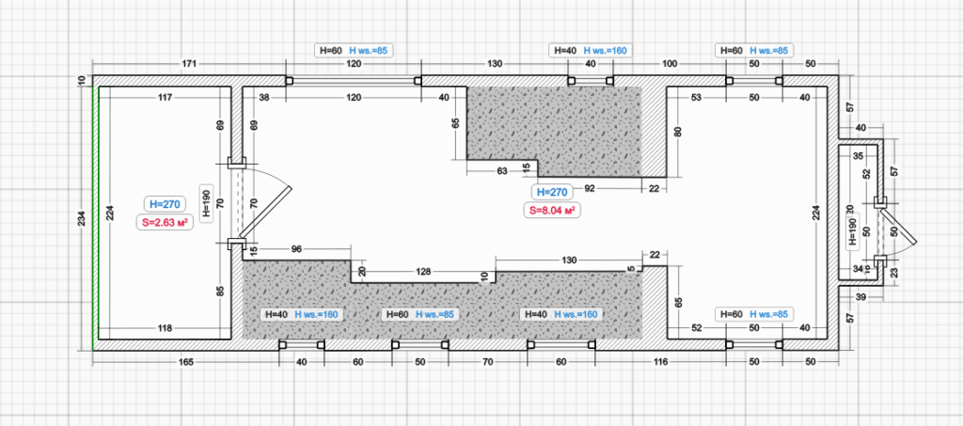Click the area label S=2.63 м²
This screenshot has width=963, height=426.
click(x=165, y=222)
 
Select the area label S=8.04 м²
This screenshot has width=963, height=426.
click(x=552, y=211)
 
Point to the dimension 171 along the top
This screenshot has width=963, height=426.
click(x=189, y=64)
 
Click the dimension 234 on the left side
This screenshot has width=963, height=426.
click(x=83, y=218)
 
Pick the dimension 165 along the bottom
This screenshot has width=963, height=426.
click(x=186, y=362)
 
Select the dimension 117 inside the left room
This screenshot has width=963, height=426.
click(x=164, y=97)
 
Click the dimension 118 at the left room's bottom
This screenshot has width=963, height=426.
click(x=165, y=328)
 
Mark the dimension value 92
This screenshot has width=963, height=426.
click(x=590, y=188)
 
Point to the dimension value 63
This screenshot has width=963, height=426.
click(x=502, y=171)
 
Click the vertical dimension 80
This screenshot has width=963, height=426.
click(x=678, y=132)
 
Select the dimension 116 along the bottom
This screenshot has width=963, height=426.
click(x=660, y=362)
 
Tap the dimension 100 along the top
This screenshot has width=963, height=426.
click(x=670, y=64)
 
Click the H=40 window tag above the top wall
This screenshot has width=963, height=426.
click(x=590, y=51)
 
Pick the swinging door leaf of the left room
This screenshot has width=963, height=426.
click(x=264, y=212)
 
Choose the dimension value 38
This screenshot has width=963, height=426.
click(x=264, y=97)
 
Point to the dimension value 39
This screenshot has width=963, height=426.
click(x=860, y=297)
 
